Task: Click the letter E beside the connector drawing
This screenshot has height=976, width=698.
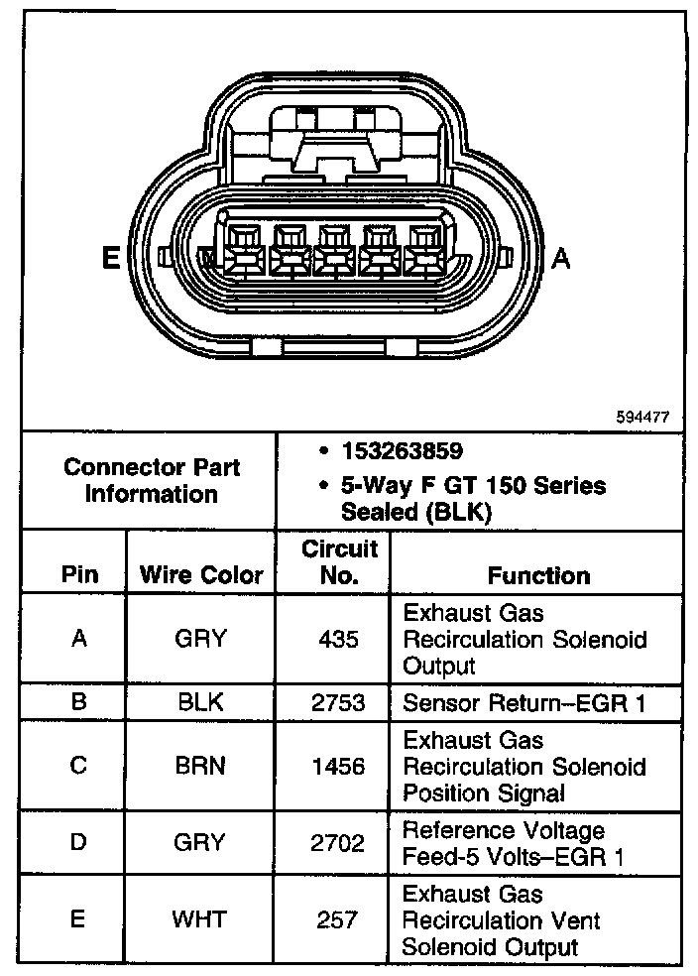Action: pos(111,259)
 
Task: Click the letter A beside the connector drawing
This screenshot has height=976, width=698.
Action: pos(561,259)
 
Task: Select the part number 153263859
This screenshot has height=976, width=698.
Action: pos(402,451)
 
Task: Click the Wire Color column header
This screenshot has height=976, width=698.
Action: pos(201,575)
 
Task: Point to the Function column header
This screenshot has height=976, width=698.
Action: pos(538,575)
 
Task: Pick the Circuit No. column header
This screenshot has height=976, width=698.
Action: pos(339,561)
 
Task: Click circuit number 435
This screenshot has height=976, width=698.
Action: pos(338,639)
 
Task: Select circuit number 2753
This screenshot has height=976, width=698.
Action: pos(338,703)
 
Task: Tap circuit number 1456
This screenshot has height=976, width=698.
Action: pos(338,767)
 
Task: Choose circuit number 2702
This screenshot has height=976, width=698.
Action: pos(338,843)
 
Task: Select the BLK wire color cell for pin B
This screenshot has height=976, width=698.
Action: pos(200,703)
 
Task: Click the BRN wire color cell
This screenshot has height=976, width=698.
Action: pos(200,767)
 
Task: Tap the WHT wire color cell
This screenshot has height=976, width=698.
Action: pos(200,919)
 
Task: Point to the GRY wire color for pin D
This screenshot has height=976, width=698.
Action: pos(200,843)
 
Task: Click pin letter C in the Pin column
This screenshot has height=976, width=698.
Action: pos(78,767)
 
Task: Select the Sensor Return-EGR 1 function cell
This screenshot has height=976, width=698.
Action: pos(524,703)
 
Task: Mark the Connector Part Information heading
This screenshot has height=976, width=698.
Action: pos(152,480)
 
